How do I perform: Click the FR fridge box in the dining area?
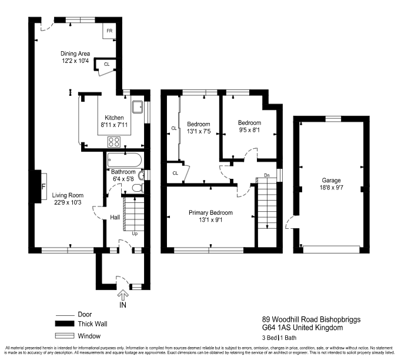pyautogui.click(x=109, y=32)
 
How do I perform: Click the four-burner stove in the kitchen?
pyautogui.click(x=113, y=142)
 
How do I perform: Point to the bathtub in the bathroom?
pyautogui.click(x=124, y=159)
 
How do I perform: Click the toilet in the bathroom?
pyautogui.click(x=136, y=188)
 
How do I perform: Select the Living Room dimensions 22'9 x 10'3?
pyautogui.click(x=67, y=203)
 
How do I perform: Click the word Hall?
pyautogui.click(x=115, y=218)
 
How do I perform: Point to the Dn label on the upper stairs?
pyautogui.click(x=266, y=175)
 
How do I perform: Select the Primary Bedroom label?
pyautogui.click(x=210, y=212)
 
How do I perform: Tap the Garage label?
pyautogui.click(x=330, y=181)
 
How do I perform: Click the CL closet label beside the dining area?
pyautogui.click(x=106, y=64)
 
